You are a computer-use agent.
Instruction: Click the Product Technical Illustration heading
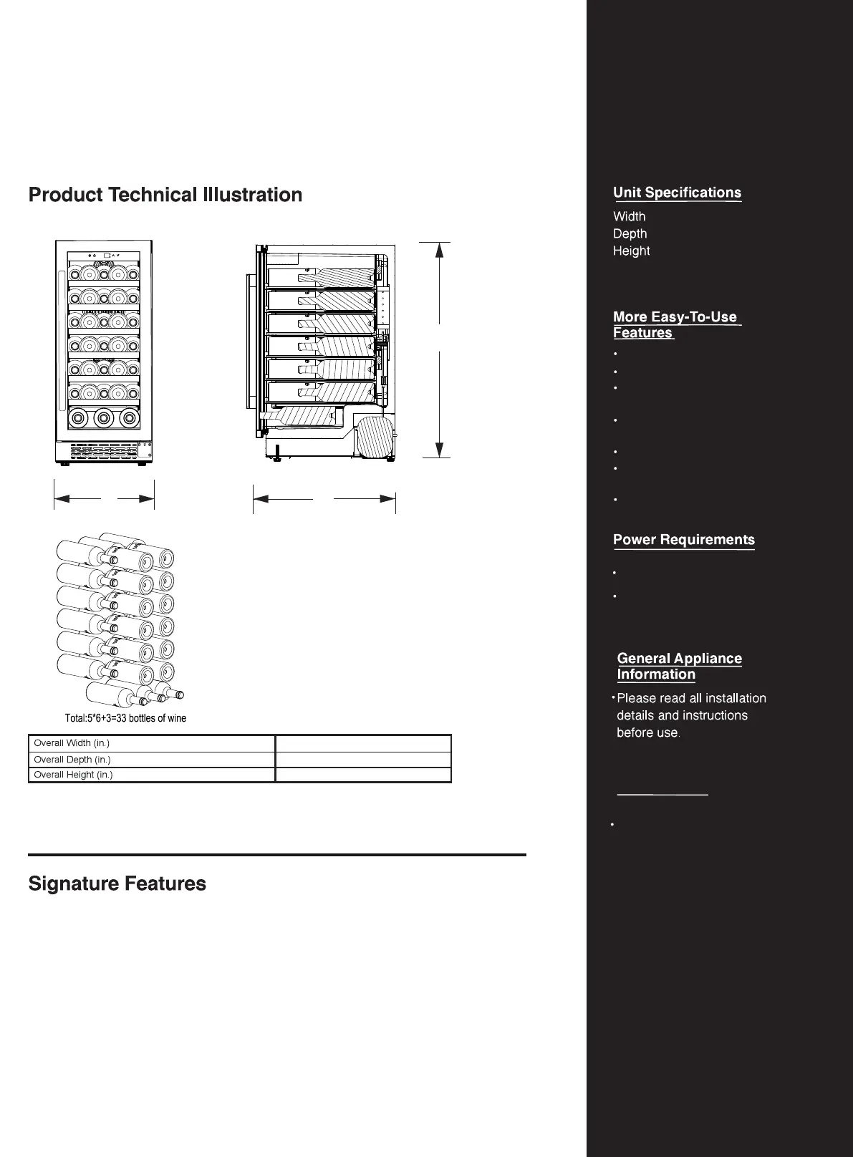click(x=165, y=195)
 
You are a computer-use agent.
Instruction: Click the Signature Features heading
click(x=117, y=884)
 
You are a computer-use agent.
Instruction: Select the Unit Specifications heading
click(x=677, y=193)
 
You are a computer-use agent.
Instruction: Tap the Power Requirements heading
click(x=684, y=540)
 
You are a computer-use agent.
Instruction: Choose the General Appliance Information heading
click(x=679, y=667)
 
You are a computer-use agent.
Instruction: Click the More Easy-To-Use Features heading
click(x=675, y=324)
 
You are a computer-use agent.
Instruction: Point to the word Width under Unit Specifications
click(x=630, y=216)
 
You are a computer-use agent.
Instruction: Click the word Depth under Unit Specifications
click(x=630, y=233)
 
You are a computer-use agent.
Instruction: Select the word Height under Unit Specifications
click(x=632, y=251)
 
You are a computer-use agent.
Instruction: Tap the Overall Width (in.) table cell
click(x=151, y=743)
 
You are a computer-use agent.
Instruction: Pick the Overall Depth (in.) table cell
click(x=151, y=760)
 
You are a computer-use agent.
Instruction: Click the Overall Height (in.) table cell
click(x=151, y=775)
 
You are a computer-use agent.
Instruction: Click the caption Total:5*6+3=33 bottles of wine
click(x=125, y=718)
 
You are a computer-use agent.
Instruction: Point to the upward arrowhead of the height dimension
click(x=439, y=250)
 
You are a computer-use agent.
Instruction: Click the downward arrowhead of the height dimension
click(x=439, y=450)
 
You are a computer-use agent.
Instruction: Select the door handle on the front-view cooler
click(x=62, y=308)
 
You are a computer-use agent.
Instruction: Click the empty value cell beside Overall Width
click(x=363, y=743)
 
